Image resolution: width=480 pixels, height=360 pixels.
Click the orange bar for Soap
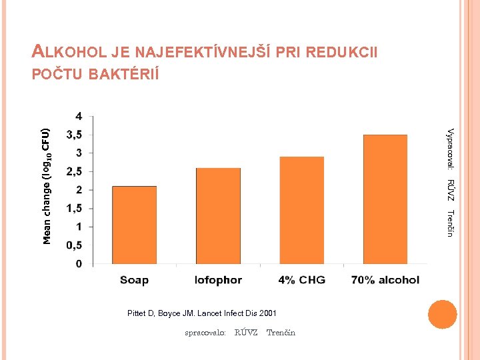[134, 225]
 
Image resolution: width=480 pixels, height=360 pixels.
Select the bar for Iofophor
[218, 216]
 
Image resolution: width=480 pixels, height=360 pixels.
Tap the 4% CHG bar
[302, 211]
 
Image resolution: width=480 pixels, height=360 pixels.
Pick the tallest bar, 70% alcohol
[385, 199]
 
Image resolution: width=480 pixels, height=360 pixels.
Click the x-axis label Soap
[134, 280]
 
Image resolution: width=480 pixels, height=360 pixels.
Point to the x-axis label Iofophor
[218, 280]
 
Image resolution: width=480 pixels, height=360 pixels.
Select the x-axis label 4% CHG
[302, 280]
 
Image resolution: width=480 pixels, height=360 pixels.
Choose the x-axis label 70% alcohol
[385, 280]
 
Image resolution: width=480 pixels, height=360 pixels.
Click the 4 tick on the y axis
[79, 116]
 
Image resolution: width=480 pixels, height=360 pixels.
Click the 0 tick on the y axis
[79, 264]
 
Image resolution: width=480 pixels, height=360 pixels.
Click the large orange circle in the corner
[442, 314]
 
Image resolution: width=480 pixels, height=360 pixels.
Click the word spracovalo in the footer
[205, 332]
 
